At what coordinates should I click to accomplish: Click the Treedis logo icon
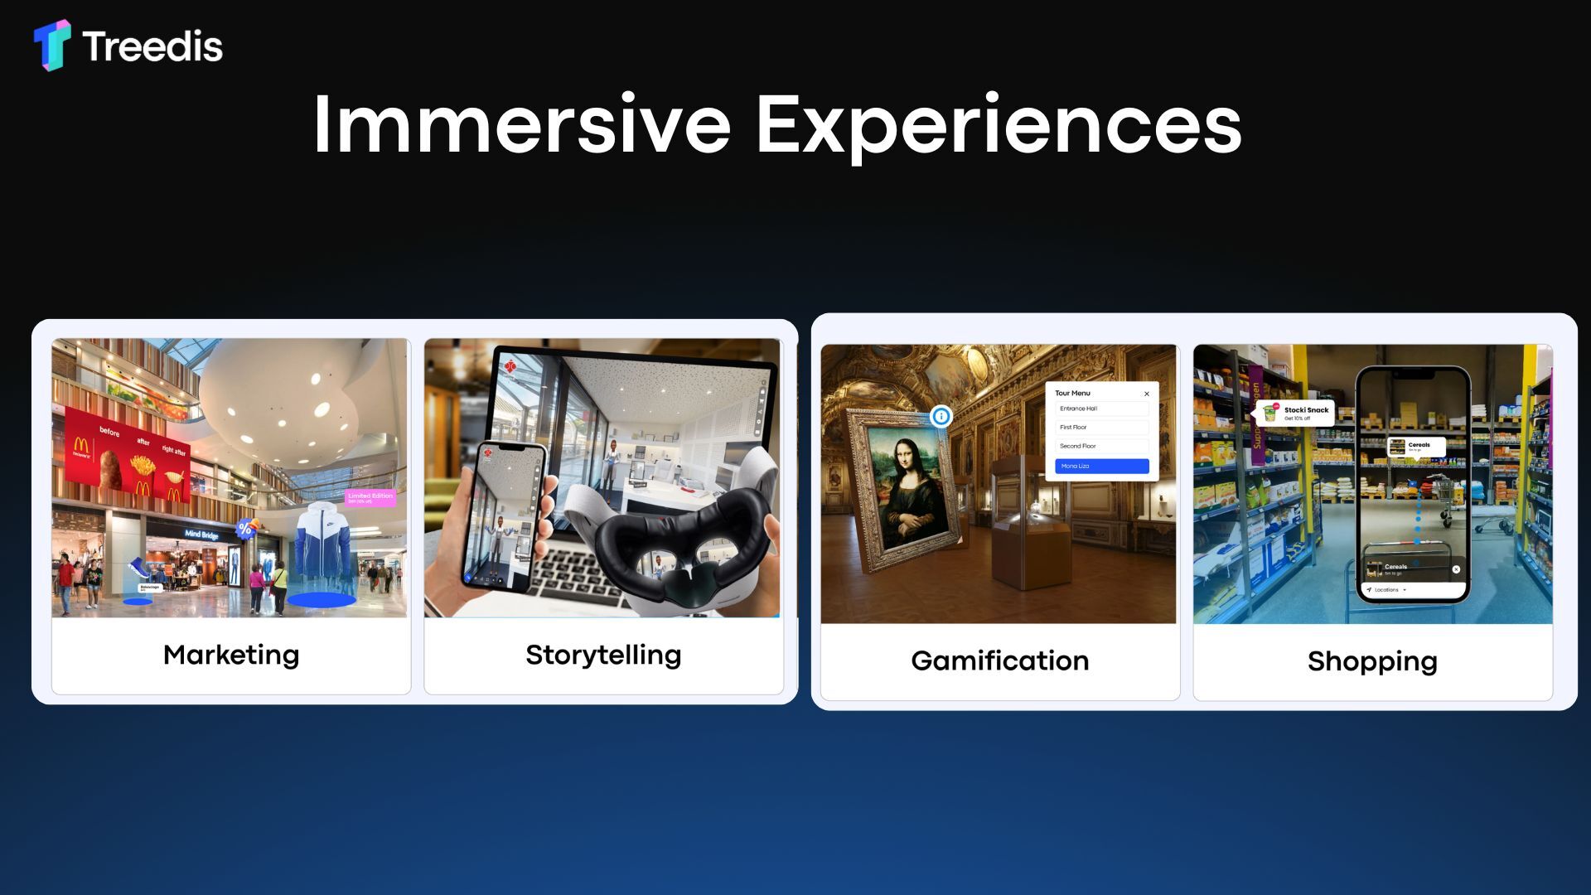tap(51, 45)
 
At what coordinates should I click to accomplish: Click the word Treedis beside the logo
tap(152, 46)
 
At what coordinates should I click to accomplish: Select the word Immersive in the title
tap(520, 124)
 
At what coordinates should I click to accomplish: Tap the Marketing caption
tap(231, 655)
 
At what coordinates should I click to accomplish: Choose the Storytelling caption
tap(603, 655)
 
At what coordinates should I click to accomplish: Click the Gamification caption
tap(999, 660)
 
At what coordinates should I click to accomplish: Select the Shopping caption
tap(1372, 661)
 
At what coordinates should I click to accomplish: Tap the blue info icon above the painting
tap(941, 416)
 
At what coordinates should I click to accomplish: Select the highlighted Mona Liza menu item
tap(1101, 467)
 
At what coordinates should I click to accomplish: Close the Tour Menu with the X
tap(1147, 394)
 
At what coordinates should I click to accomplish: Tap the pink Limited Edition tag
tap(370, 497)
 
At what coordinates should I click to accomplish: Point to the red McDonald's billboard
tap(124, 460)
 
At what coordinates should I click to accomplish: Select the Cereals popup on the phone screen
tap(1416, 447)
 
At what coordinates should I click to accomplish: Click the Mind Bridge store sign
tap(201, 535)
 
